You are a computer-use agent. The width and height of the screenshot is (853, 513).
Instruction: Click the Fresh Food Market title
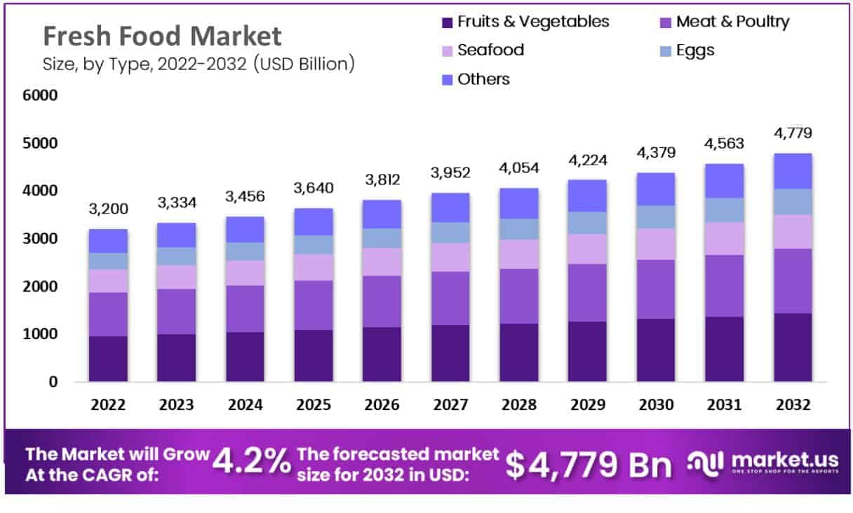pyautogui.click(x=162, y=36)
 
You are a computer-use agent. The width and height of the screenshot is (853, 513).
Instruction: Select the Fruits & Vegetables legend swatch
pyautogui.click(x=447, y=22)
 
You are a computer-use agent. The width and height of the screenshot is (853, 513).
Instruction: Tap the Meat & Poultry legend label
pyautogui.click(x=732, y=22)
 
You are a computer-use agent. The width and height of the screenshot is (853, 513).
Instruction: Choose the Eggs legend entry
pyautogui.click(x=695, y=50)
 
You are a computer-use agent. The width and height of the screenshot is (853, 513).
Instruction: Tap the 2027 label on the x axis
pyautogui.click(x=450, y=405)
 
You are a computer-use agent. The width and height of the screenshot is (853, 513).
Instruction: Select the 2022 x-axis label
pyautogui.click(x=108, y=405)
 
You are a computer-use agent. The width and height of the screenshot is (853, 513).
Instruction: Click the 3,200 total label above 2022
pyautogui.click(x=108, y=210)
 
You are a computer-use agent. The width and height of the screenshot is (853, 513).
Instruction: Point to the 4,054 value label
pyautogui.click(x=519, y=168)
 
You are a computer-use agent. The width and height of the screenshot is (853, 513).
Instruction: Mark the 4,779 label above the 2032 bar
pyautogui.click(x=793, y=133)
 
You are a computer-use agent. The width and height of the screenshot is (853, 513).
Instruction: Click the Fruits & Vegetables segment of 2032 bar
pyautogui.click(x=793, y=348)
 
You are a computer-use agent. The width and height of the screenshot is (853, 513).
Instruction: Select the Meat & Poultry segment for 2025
pyautogui.click(x=314, y=306)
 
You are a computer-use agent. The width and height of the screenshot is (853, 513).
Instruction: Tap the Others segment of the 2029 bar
pyautogui.click(x=587, y=196)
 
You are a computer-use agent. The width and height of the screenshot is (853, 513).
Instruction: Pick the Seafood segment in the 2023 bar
pyautogui.click(x=176, y=277)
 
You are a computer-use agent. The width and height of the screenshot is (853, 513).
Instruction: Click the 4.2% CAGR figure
pyautogui.click(x=252, y=463)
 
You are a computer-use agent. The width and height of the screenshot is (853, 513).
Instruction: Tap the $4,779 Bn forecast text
pyautogui.click(x=589, y=464)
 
